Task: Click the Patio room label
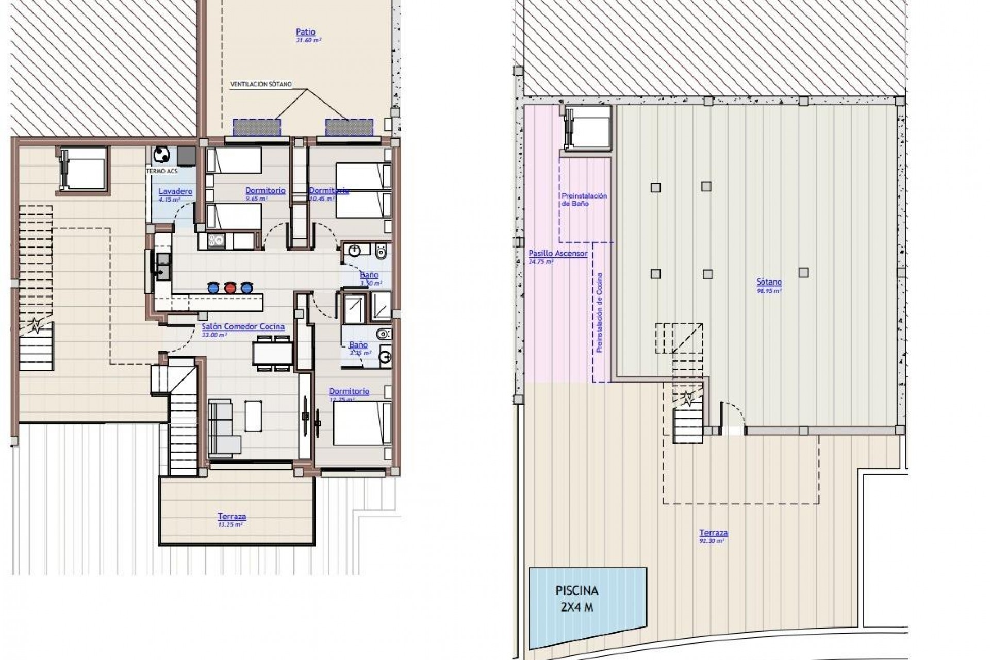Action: coord(305,32)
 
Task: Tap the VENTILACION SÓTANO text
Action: coord(261,84)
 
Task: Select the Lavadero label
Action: coord(175,191)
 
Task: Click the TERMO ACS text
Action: coord(159,171)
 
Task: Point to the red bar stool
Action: coord(230,287)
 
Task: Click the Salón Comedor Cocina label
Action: coord(243,326)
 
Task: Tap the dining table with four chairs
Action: coord(273,353)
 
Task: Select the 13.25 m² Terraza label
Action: coord(232,516)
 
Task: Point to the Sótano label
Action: coord(769,282)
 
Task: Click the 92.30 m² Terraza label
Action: coord(714,533)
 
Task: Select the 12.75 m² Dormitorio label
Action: coord(349,391)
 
